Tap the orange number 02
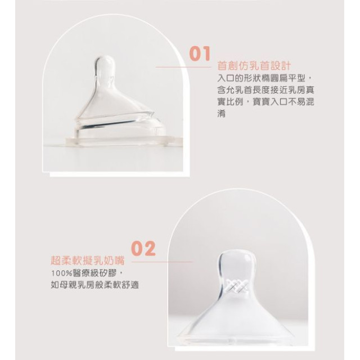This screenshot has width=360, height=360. pos(142,248)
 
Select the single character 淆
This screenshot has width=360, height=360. pos(220,114)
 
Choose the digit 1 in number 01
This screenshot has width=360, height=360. pos(208,53)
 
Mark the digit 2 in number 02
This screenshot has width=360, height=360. pos(149,248)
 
